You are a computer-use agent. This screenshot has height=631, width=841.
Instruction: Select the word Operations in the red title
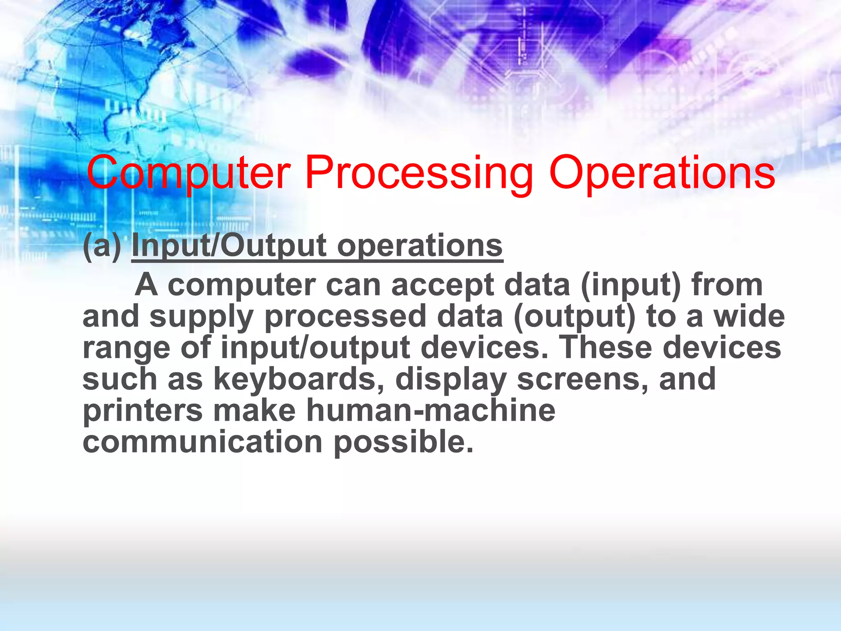pos(662,173)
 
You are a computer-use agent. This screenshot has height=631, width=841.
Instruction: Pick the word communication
pos(202,442)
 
